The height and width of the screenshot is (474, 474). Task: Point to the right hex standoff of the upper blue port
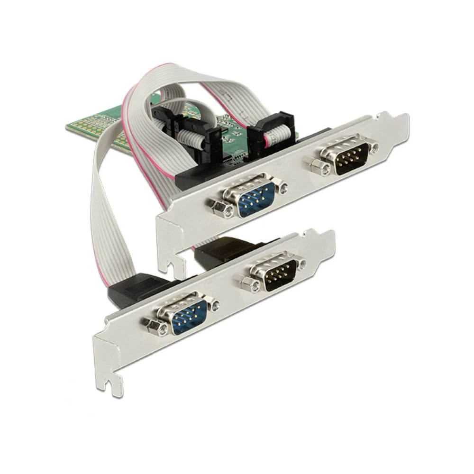283,189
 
